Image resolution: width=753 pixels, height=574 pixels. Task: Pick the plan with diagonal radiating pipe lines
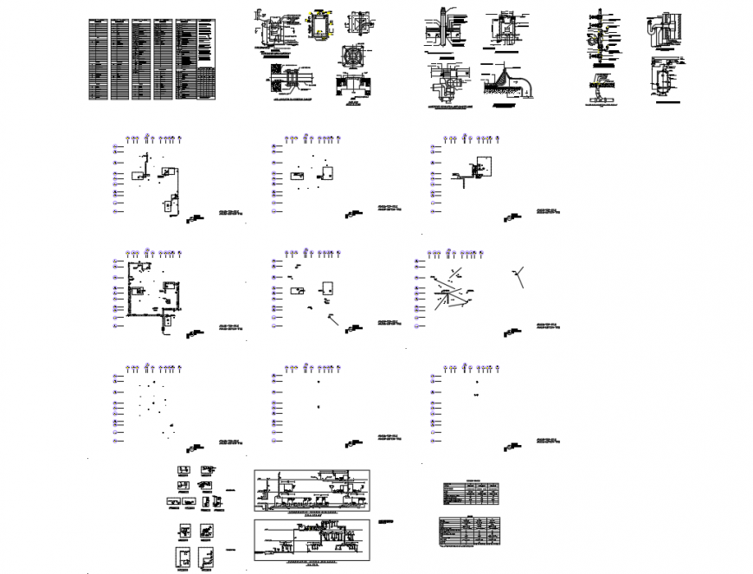[x=451, y=291]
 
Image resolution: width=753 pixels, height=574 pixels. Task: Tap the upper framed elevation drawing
[x=312, y=491]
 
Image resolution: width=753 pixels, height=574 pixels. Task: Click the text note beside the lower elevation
[x=388, y=525]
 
